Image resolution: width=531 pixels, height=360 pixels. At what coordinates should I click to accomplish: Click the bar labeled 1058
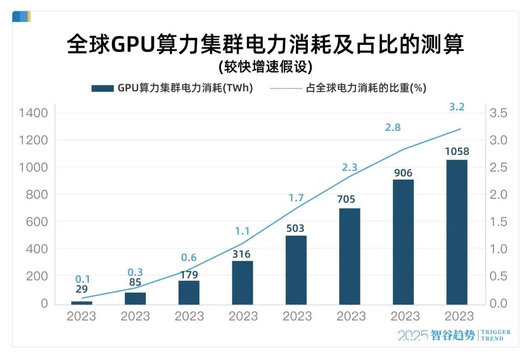click(x=456, y=232)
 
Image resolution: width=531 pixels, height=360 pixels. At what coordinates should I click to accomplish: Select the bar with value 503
click(x=296, y=270)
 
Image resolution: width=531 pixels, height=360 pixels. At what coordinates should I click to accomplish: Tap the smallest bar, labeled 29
click(x=82, y=302)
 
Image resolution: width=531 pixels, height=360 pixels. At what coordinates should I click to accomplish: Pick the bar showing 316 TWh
click(x=242, y=282)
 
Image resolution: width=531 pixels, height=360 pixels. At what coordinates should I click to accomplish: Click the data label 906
click(x=403, y=173)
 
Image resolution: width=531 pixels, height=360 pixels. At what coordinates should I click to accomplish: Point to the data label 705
click(x=350, y=199)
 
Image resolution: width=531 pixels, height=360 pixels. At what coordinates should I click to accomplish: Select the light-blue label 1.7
click(x=296, y=199)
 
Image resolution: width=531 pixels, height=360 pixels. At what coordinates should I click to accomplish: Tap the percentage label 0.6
click(x=189, y=258)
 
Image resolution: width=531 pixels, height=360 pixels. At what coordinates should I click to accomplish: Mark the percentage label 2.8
click(x=393, y=127)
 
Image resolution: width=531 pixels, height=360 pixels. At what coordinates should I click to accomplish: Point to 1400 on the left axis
click(x=34, y=113)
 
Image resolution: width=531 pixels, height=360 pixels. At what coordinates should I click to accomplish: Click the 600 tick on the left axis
click(x=37, y=222)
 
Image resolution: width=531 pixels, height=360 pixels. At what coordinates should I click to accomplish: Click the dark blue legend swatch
click(x=102, y=89)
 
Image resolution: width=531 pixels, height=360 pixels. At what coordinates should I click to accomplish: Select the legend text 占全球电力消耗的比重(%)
click(x=366, y=89)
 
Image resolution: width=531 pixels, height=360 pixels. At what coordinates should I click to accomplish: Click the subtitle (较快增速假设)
click(x=265, y=66)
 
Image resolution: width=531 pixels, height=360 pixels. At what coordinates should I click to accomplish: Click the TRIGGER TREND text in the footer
click(x=495, y=335)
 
